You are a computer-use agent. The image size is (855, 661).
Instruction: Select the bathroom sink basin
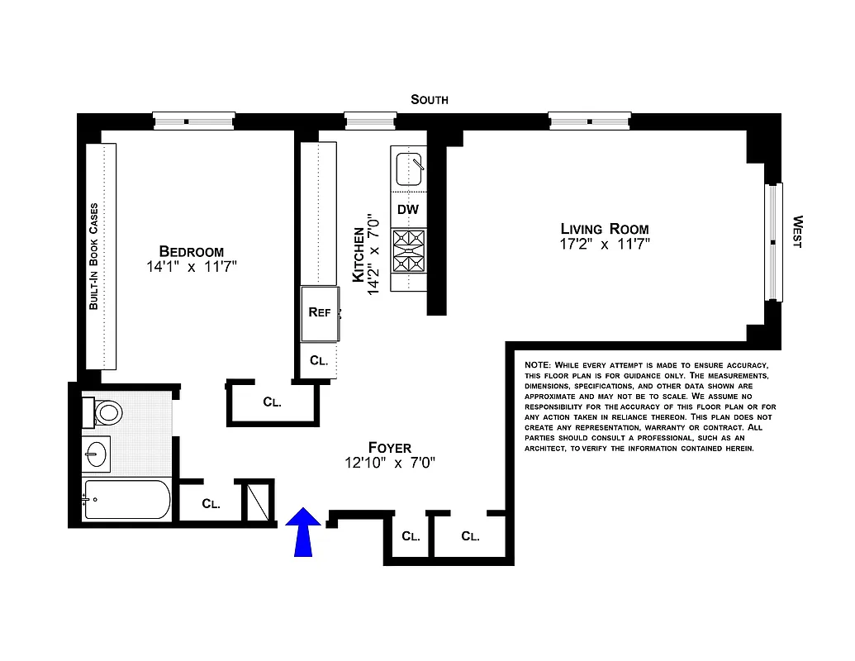(97, 454)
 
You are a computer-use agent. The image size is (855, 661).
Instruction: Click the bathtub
(127, 500)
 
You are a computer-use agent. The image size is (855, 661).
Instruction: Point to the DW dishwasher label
(408, 210)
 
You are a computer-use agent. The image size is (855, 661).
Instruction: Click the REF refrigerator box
(319, 313)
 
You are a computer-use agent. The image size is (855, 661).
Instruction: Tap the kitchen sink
(409, 169)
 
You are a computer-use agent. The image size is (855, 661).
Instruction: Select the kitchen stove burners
(408, 251)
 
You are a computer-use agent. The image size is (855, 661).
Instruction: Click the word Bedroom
(192, 251)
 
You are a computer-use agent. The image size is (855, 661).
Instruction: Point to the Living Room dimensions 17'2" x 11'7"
(605, 245)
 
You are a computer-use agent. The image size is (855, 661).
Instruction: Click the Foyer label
(390, 448)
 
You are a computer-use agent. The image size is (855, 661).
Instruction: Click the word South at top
(430, 99)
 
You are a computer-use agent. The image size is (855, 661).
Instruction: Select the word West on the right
(797, 232)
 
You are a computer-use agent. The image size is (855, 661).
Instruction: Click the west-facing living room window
(773, 242)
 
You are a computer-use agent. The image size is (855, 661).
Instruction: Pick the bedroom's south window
(194, 121)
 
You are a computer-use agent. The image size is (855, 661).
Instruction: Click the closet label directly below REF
(319, 361)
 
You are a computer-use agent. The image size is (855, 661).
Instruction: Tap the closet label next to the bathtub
(211, 503)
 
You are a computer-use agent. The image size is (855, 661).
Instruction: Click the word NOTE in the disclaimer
(539, 364)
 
